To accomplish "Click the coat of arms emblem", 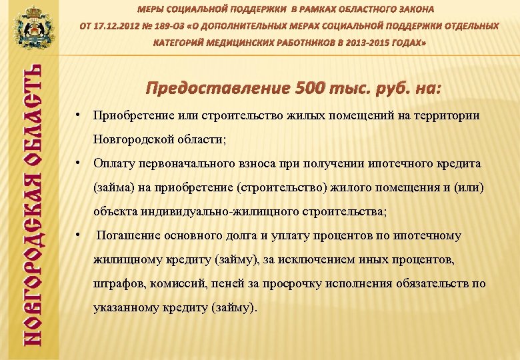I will [29, 27].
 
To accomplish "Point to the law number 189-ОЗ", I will [178, 26].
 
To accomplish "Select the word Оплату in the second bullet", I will [115, 164].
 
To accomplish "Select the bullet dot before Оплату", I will [79, 163].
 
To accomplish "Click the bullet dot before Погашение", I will [79, 235].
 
